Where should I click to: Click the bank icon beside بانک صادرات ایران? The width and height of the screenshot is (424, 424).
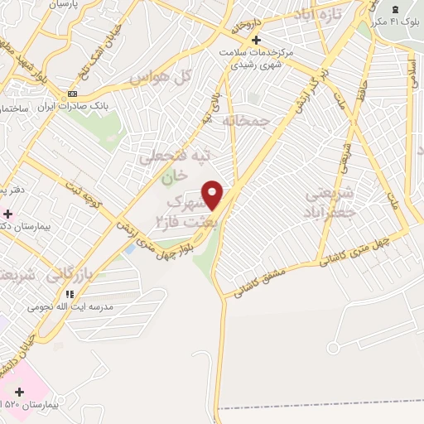point(74,94)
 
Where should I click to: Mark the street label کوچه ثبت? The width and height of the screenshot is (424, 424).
point(87,196)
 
